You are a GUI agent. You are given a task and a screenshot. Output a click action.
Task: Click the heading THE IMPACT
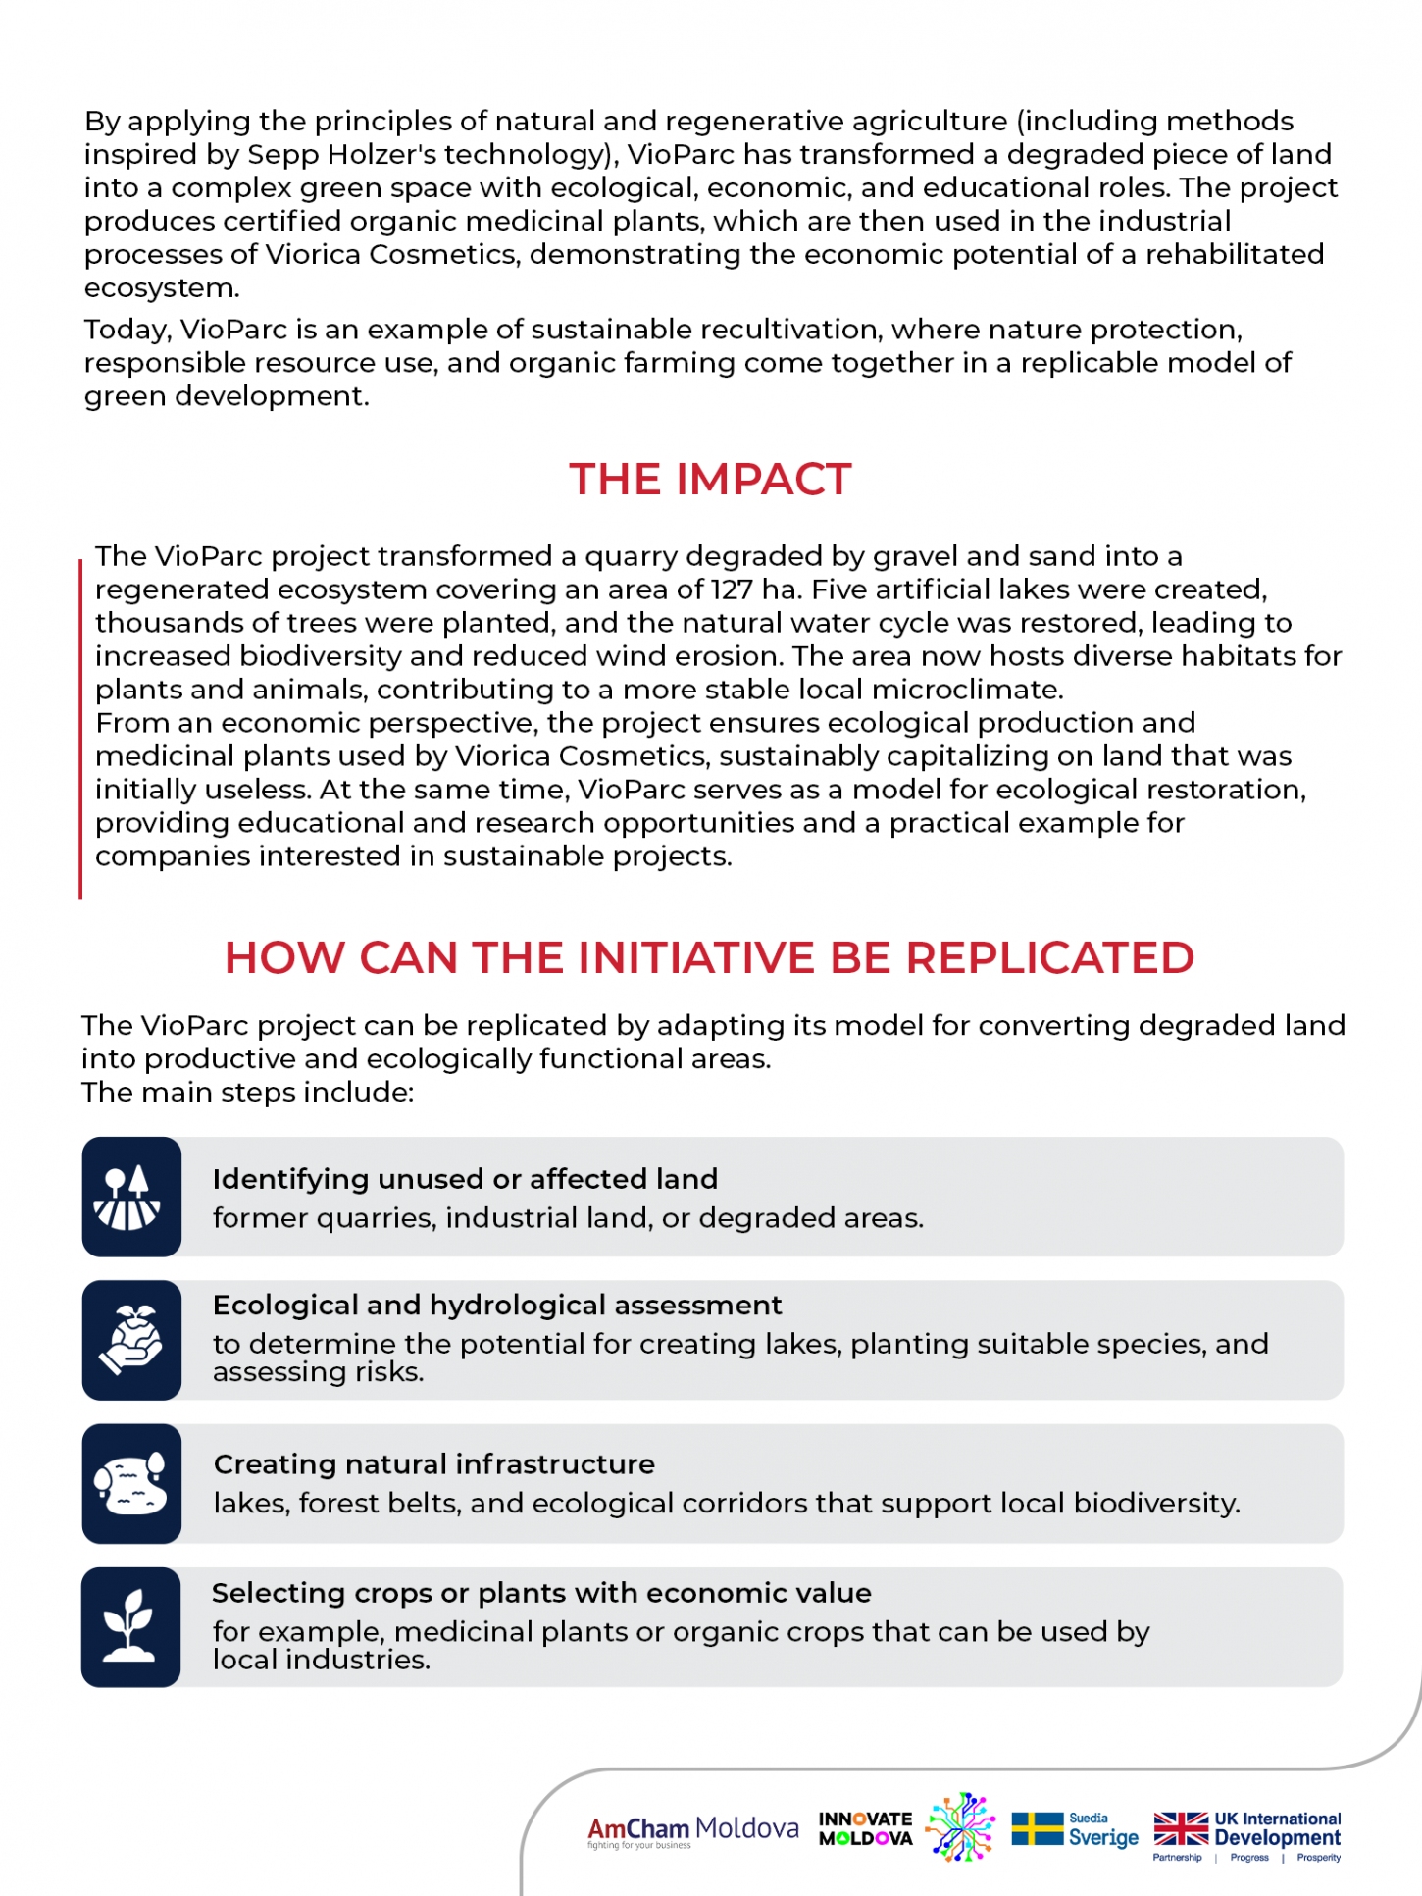pos(710,480)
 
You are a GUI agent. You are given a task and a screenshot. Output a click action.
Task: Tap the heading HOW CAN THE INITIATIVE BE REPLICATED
pos(709,957)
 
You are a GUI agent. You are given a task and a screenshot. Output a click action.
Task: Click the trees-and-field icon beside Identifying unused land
pos(131,1197)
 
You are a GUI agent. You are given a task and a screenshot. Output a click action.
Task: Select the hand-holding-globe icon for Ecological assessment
pos(131,1340)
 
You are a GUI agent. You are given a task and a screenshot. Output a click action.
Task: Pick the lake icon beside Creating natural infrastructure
pos(131,1483)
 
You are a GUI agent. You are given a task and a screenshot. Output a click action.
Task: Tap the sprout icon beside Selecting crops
pos(130,1626)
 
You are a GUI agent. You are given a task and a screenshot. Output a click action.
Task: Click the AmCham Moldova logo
pos(692,1830)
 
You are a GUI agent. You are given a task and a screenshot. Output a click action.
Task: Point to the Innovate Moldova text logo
pos(865,1828)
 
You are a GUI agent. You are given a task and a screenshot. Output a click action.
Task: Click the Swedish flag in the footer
pos(1037,1828)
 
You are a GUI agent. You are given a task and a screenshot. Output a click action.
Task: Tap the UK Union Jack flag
pos(1181,1828)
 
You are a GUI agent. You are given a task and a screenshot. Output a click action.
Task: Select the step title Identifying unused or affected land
pos(465,1178)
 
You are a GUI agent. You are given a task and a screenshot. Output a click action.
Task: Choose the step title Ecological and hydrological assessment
pos(497,1305)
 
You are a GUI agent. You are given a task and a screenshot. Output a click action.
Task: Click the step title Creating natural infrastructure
pos(433,1463)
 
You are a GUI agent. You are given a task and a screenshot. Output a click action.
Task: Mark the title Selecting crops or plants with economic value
pos(541,1592)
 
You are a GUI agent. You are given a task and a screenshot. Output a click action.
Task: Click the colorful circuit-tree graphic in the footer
pos(961,1826)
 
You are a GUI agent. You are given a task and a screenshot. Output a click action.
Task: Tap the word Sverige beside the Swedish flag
pos(1103,1837)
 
